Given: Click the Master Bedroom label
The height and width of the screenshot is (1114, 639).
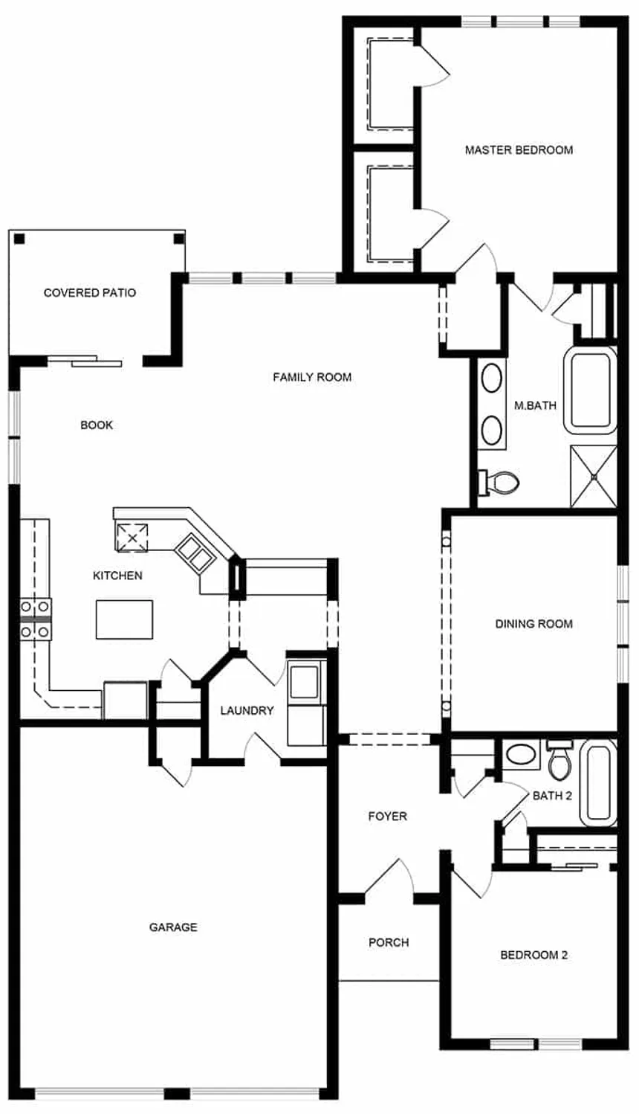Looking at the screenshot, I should pyautogui.click(x=519, y=150).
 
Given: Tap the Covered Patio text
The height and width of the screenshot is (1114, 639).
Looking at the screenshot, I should pyautogui.click(x=90, y=293).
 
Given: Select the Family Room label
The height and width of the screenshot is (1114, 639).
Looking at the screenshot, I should pyautogui.click(x=312, y=377).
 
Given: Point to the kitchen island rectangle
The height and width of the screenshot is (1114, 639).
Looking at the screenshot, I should pyautogui.click(x=124, y=619).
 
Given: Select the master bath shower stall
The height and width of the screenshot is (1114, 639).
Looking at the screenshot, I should pyautogui.click(x=593, y=476).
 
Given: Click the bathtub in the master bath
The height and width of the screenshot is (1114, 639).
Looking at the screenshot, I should pyautogui.click(x=591, y=391).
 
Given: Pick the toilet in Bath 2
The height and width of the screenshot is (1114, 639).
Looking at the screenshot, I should pyautogui.click(x=559, y=759).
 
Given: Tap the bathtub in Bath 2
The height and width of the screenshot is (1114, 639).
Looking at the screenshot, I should pyautogui.click(x=598, y=783).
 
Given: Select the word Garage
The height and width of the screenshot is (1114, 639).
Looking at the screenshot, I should pyautogui.click(x=173, y=927).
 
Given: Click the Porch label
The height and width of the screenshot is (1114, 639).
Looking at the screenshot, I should pyautogui.click(x=389, y=942).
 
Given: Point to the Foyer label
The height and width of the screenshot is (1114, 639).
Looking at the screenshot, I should pyautogui.click(x=387, y=817).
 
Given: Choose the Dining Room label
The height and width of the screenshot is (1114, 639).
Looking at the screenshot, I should pyautogui.click(x=533, y=624).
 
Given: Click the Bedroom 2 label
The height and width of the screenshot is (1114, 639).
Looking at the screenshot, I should pyautogui.click(x=533, y=955).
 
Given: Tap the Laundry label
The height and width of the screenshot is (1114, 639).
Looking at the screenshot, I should pyautogui.click(x=247, y=711).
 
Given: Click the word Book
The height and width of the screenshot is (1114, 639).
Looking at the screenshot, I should pyautogui.click(x=97, y=425).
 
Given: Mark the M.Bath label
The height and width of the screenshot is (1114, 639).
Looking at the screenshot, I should pyautogui.click(x=535, y=406).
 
